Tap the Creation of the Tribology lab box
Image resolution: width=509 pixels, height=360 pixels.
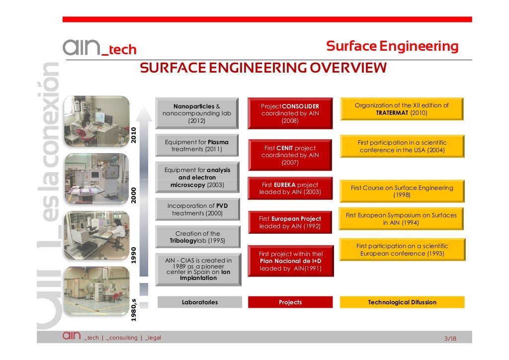click(197, 237)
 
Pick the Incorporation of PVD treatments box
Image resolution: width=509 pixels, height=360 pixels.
click(197, 209)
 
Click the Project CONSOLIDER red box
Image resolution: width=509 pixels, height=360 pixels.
click(290, 113)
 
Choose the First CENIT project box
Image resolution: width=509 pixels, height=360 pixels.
click(290, 155)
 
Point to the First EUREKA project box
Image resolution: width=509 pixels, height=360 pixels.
click(290, 188)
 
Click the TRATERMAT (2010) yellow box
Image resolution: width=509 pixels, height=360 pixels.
click(401, 109)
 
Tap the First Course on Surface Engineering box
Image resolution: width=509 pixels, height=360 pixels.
click(402, 191)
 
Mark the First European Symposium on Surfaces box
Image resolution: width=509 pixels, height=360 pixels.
click(401, 219)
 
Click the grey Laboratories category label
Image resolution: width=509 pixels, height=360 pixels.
click(199, 302)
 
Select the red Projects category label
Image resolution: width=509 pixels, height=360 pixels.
click(290, 302)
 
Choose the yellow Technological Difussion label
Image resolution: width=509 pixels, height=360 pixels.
click(402, 302)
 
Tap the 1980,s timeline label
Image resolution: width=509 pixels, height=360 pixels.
click(133, 309)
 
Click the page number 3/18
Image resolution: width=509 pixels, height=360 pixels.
click(450, 339)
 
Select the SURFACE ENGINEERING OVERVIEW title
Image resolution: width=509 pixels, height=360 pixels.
click(263, 68)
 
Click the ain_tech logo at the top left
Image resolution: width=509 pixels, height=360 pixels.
click(99, 48)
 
